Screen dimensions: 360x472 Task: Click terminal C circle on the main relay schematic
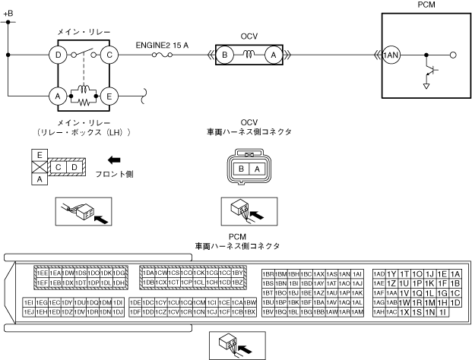[109, 55]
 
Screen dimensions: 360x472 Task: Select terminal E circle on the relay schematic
[109, 96]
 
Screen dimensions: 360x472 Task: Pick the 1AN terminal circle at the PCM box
[391, 55]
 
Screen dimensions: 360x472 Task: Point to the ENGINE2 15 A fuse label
[162, 45]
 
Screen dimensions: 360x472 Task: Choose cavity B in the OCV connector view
[241, 169]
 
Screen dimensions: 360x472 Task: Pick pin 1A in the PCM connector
[455, 273]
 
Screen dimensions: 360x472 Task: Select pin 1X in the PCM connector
[405, 312]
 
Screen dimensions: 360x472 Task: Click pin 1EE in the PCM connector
[43, 273]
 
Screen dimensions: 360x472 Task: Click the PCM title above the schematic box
[427, 5]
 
